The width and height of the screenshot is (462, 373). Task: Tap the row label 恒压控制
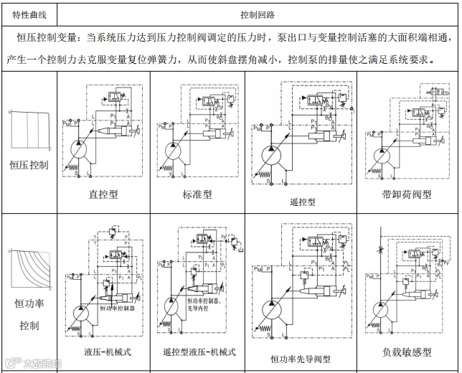pos(29,165)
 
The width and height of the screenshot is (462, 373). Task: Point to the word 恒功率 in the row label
pos(29,303)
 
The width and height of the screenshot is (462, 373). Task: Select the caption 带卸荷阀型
pos(406,194)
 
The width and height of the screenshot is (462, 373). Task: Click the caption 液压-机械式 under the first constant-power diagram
pos(108,351)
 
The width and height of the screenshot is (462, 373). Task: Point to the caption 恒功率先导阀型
pos(300,358)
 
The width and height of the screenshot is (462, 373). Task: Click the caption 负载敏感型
pos(407,351)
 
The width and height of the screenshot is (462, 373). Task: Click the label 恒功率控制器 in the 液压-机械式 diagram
pos(117,308)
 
